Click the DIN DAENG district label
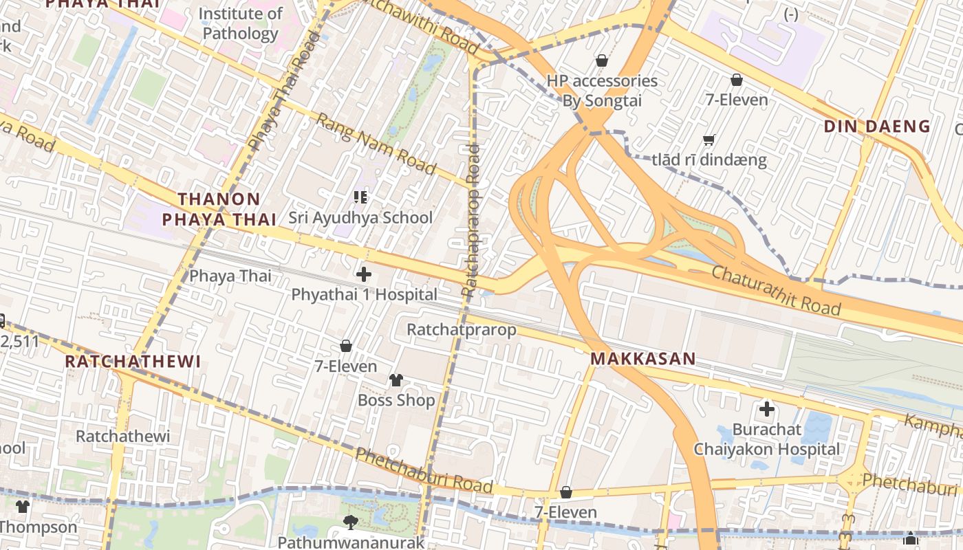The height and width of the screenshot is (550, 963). point(877,126)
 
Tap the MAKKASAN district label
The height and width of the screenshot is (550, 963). point(643,359)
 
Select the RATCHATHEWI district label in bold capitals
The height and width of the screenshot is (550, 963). point(133,362)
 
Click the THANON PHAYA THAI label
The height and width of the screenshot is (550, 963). point(218,210)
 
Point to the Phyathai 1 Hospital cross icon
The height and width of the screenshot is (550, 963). point(364,275)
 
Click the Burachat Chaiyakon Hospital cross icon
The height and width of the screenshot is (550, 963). point(767,410)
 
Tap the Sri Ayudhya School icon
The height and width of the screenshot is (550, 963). point(360,198)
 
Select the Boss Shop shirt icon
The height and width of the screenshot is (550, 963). point(396,379)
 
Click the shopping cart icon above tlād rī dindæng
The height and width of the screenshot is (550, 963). point(709,140)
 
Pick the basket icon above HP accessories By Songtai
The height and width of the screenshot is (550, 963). point(602,60)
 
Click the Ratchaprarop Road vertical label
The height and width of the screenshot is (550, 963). point(471,220)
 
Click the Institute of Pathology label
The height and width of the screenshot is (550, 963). point(240,23)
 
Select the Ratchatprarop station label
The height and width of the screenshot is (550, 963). point(461,330)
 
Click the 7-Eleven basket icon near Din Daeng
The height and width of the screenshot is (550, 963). point(737,80)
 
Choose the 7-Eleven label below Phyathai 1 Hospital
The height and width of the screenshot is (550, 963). point(346,366)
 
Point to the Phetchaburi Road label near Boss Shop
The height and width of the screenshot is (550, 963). point(424,471)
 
